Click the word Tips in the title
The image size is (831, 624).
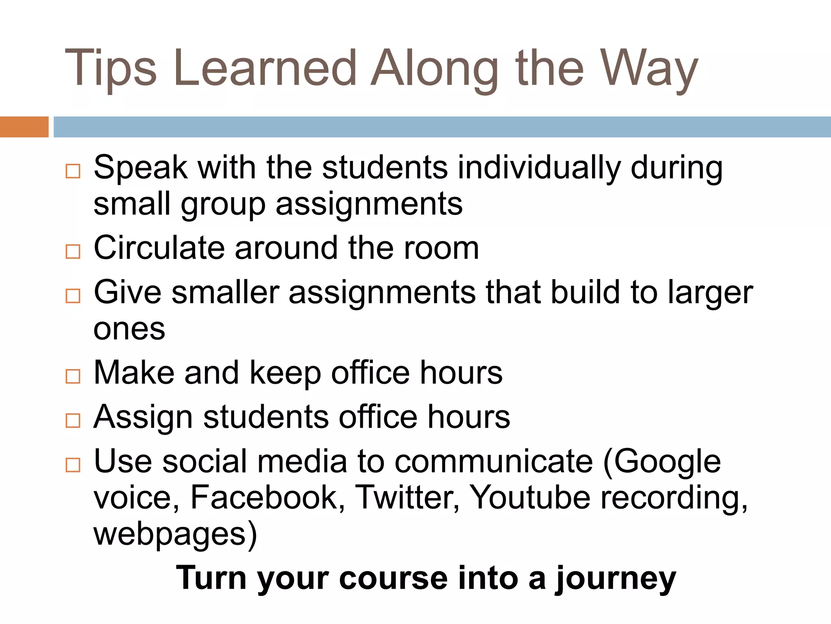coord(110,68)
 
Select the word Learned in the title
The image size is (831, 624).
coord(265,68)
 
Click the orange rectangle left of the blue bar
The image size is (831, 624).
coord(24,127)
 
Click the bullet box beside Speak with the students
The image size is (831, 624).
coord(73,171)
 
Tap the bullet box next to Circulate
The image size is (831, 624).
coord(73,251)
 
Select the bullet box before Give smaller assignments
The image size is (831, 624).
coord(73,296)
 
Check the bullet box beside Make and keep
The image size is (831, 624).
coord(73,376)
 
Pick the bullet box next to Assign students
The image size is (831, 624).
coord(73,420)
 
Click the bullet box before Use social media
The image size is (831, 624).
coord(73,464)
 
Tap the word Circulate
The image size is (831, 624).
coord(159,248)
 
